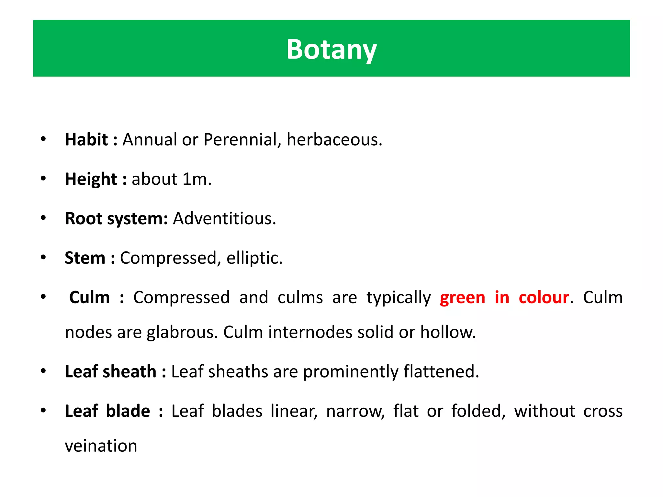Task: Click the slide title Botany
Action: click(x=331, y=50)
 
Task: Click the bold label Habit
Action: click(x=86, y=140)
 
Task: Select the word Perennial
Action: click(x=239, y=140)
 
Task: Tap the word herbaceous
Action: click(x=334, y=140)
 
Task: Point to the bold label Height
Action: click(x=91, y=179)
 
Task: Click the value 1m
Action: click(x=196, y=179)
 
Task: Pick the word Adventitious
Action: click(x=224, y=219)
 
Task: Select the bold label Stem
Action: click(x=85, y=258)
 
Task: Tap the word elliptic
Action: click(x=254, y=258)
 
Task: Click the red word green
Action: click(x=462, y=298)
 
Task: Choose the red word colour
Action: click(x=544, y=298)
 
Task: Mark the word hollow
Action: click(x=448, y=332)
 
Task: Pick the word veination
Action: click(x=101, y=446)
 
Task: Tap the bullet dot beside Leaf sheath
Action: click(x=43, y=371)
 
